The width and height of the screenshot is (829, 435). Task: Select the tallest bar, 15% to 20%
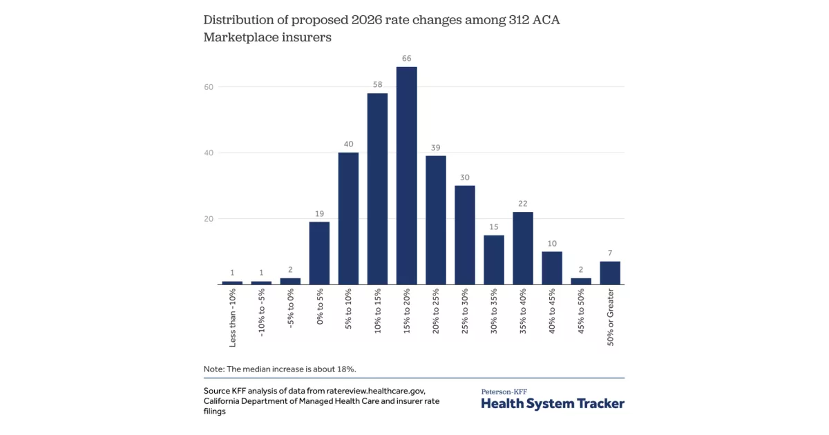pos(406,175)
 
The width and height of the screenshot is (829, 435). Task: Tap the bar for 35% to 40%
pos(522,248)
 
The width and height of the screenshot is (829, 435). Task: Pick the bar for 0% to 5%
pos(319,253)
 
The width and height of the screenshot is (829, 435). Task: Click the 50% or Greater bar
pos(610,273)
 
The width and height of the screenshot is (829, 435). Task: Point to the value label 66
pos(406,59)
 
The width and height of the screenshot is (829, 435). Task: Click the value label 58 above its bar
pos(377,85)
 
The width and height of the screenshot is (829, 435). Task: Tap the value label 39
pos(435,148)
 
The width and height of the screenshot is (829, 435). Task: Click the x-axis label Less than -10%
pos(233,318)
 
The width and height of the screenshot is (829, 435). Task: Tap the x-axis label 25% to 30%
pos(465,314)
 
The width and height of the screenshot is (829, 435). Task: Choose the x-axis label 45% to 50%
pos(581,314)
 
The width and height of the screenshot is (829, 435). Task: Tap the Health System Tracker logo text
pos(553,403)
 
